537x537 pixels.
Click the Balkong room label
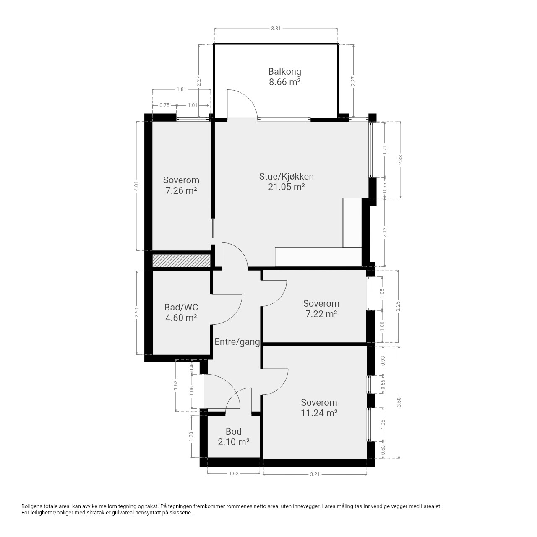284,72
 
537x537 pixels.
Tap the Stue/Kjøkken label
286,176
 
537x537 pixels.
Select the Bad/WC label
181,307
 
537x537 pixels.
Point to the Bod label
234,431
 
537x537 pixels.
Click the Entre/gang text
237,342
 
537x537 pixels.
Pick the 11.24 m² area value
319,413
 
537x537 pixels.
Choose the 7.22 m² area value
321,314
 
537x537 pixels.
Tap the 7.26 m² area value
181,190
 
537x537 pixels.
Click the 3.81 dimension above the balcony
276,29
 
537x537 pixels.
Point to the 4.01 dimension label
136,186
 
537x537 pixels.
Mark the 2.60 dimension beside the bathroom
136,312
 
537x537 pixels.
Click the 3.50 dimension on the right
399,402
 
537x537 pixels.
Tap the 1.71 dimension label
385,150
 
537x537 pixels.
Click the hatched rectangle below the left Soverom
181,260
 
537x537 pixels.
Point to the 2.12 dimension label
385,232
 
